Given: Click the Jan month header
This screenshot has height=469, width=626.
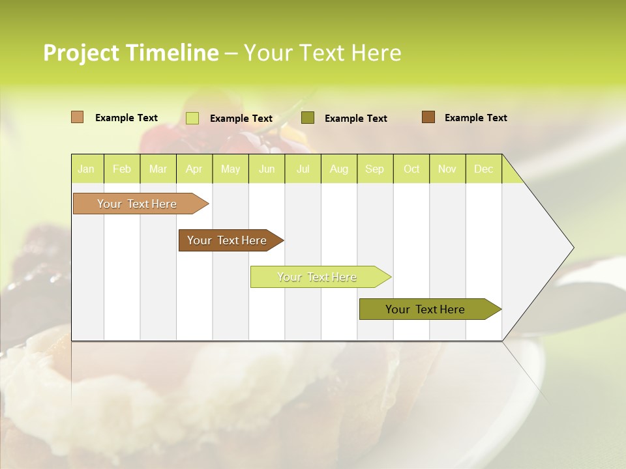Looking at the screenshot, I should click(86, 169).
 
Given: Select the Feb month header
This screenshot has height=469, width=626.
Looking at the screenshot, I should click(122, 169).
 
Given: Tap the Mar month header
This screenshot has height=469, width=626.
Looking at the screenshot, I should click(158, 169).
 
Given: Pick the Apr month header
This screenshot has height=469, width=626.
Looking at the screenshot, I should click(194, 169).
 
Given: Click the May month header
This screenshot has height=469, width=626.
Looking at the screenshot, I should click(230, 169).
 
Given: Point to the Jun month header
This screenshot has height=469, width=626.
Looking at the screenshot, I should click(267, 169).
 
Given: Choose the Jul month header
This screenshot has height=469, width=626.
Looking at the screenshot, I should click(303, 169).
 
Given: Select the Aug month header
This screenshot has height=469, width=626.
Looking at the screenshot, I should click(338, 169).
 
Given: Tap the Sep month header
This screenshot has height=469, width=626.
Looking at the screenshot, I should click(374, 169).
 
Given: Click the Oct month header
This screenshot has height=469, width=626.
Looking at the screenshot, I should click(411, 169).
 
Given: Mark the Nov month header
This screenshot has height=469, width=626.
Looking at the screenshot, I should click(447, 169).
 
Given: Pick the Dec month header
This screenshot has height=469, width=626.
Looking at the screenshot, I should click(483, 169).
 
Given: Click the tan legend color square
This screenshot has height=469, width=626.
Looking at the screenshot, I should click(77, 117).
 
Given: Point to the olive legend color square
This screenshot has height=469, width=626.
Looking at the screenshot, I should click(308, 118).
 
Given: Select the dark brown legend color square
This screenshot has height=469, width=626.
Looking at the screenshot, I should click(428, 117).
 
